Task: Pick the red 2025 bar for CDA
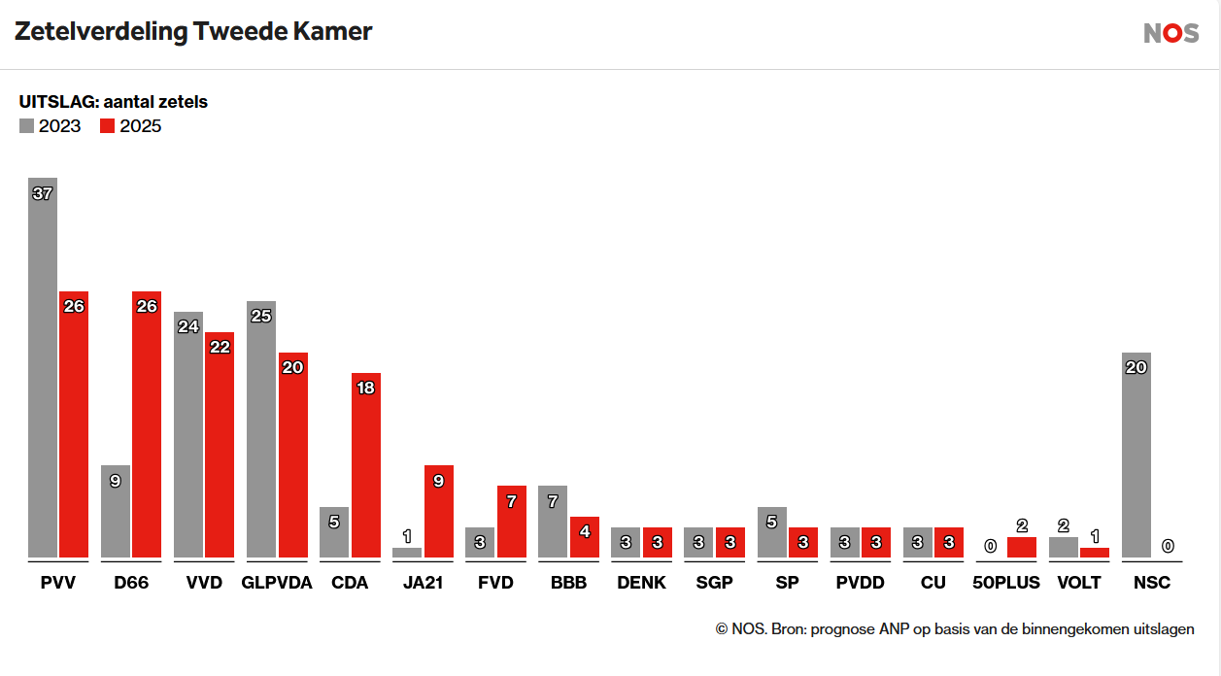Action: (x=366, y=465)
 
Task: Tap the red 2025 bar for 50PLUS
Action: (x=1022, y=548)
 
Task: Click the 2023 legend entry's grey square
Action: (x=26, y=126)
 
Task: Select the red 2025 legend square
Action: (x=108, y=126)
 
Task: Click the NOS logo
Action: (x=1170, y=33)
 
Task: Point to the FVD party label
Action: (x=495, y=584)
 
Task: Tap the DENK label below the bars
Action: (x=641, y=584)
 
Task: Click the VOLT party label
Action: (x=1079, y=584)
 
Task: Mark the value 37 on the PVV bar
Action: (x=43, y=193)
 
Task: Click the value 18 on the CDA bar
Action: (x=366, y=388)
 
